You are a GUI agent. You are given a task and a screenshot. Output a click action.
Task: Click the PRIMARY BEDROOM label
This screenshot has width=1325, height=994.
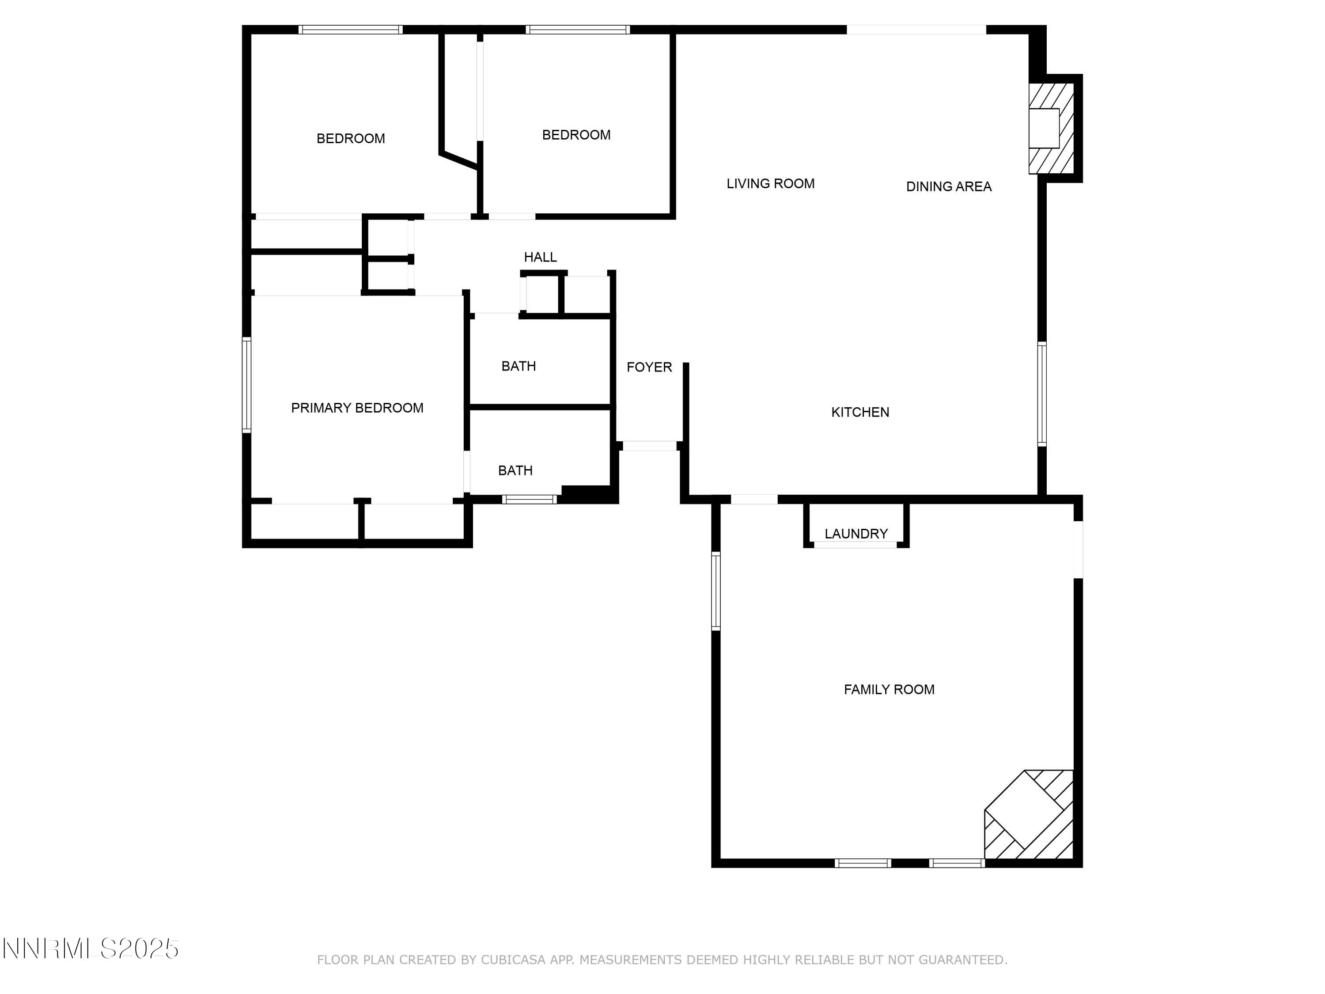pos(357,408)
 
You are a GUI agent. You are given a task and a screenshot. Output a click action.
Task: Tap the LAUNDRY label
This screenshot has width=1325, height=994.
pos(856,534)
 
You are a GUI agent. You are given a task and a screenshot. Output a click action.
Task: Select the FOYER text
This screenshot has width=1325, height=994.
pos(649,367)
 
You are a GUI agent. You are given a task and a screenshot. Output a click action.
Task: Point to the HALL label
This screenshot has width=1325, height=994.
pos(540,257)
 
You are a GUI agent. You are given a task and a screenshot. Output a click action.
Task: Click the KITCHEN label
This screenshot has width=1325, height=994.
pos(860,412)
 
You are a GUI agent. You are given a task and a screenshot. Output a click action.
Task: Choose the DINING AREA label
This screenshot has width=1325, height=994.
pos(949,187)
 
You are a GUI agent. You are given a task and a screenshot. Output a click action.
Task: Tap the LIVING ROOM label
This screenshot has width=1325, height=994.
pos(770,184)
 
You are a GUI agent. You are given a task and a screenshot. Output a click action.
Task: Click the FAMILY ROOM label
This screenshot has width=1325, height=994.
pos(889,690)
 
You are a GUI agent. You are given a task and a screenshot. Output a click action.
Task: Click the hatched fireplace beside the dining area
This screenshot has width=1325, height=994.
pos(1050,128)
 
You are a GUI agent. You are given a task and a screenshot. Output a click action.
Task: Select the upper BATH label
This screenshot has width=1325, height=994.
pos(519,366)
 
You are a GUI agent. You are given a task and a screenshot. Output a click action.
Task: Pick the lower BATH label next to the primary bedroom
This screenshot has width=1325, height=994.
pos(515,471)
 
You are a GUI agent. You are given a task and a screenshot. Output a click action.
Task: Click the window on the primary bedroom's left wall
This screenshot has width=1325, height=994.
pos(246,385)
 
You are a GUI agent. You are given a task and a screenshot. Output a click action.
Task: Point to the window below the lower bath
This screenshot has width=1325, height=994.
pos(530,499)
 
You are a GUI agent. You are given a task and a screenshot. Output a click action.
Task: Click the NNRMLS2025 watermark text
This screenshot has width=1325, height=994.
pos(91,949)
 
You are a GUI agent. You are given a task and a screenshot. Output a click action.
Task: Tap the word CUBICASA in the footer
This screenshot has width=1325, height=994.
pos(513,960)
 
